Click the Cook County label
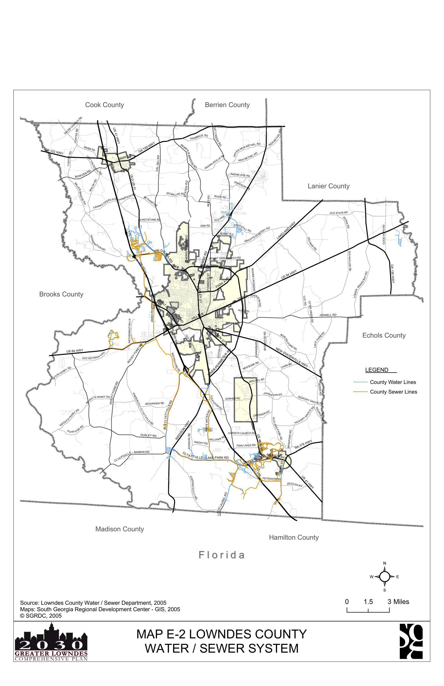tap(104, 105)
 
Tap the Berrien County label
tap(227, 105)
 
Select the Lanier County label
tap(328, 186)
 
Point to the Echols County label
tap(383, 335)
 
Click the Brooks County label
tap(61, 294)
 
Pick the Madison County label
tap(119, 529)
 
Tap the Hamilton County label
tap(294, 537)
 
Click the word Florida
tap(222, 555)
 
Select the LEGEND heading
tap(376, 370)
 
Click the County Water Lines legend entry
tap(392, 382)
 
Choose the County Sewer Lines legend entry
tap(393, 392)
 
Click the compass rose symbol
tap(384, 577)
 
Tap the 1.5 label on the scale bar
tap(368, 602)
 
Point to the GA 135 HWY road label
tap(392, 274)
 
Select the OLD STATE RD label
tap(339, 213)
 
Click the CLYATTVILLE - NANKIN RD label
tap(132, 456)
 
